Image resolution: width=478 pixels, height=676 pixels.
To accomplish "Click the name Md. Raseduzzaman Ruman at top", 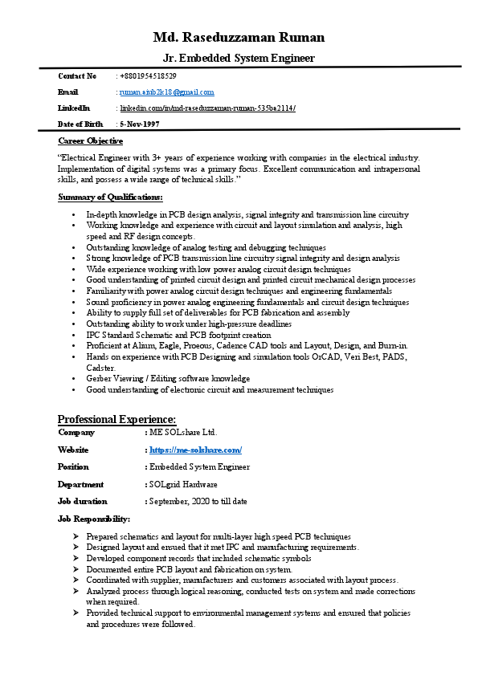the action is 239,37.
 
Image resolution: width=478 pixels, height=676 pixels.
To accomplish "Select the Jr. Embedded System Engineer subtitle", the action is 239,58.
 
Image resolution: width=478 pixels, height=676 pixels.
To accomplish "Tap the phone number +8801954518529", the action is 148,76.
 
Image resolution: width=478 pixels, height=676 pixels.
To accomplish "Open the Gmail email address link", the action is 166,92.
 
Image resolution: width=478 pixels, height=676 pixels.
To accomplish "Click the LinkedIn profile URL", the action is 207,108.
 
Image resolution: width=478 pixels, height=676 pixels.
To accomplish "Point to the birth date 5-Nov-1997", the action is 139,124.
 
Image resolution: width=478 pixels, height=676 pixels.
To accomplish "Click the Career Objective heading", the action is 90,140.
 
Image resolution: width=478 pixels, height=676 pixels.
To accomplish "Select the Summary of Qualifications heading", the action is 110,197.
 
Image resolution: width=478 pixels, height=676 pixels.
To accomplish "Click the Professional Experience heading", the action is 116,419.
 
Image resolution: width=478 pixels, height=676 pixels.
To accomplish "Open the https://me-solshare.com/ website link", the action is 196,450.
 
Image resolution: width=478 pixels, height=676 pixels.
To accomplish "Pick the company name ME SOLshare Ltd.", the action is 183,433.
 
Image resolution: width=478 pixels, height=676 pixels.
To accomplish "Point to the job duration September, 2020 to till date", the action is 198,502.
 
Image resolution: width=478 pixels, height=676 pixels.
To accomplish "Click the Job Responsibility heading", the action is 94,519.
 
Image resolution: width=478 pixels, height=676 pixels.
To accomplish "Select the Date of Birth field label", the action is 80,124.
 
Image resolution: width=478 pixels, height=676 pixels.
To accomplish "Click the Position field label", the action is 73,467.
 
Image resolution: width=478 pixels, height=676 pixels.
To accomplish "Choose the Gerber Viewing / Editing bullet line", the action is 168,378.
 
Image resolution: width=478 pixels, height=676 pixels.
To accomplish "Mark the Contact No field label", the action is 77,76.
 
